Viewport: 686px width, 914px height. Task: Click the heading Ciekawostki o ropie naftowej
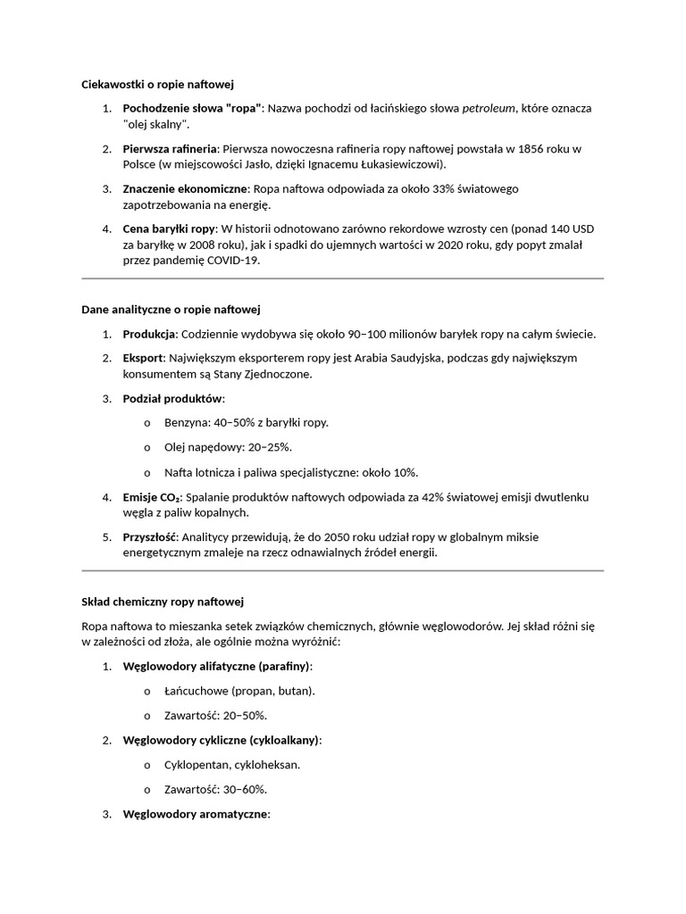(x=157, y=85)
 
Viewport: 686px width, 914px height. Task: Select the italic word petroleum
(x=489, y=108)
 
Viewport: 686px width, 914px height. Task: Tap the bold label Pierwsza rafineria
(x=170, y=148)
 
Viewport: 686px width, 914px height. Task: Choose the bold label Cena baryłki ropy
(x=169, y=229)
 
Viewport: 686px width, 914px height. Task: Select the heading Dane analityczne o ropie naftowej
(x=170, y=310)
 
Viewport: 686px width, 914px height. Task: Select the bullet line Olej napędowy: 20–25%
(x=228, y=447)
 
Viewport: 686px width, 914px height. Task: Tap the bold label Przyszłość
(x=150, y=537)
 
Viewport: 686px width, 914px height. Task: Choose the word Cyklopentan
(x=196, y=765)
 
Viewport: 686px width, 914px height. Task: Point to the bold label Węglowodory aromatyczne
(x=195, y=814)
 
